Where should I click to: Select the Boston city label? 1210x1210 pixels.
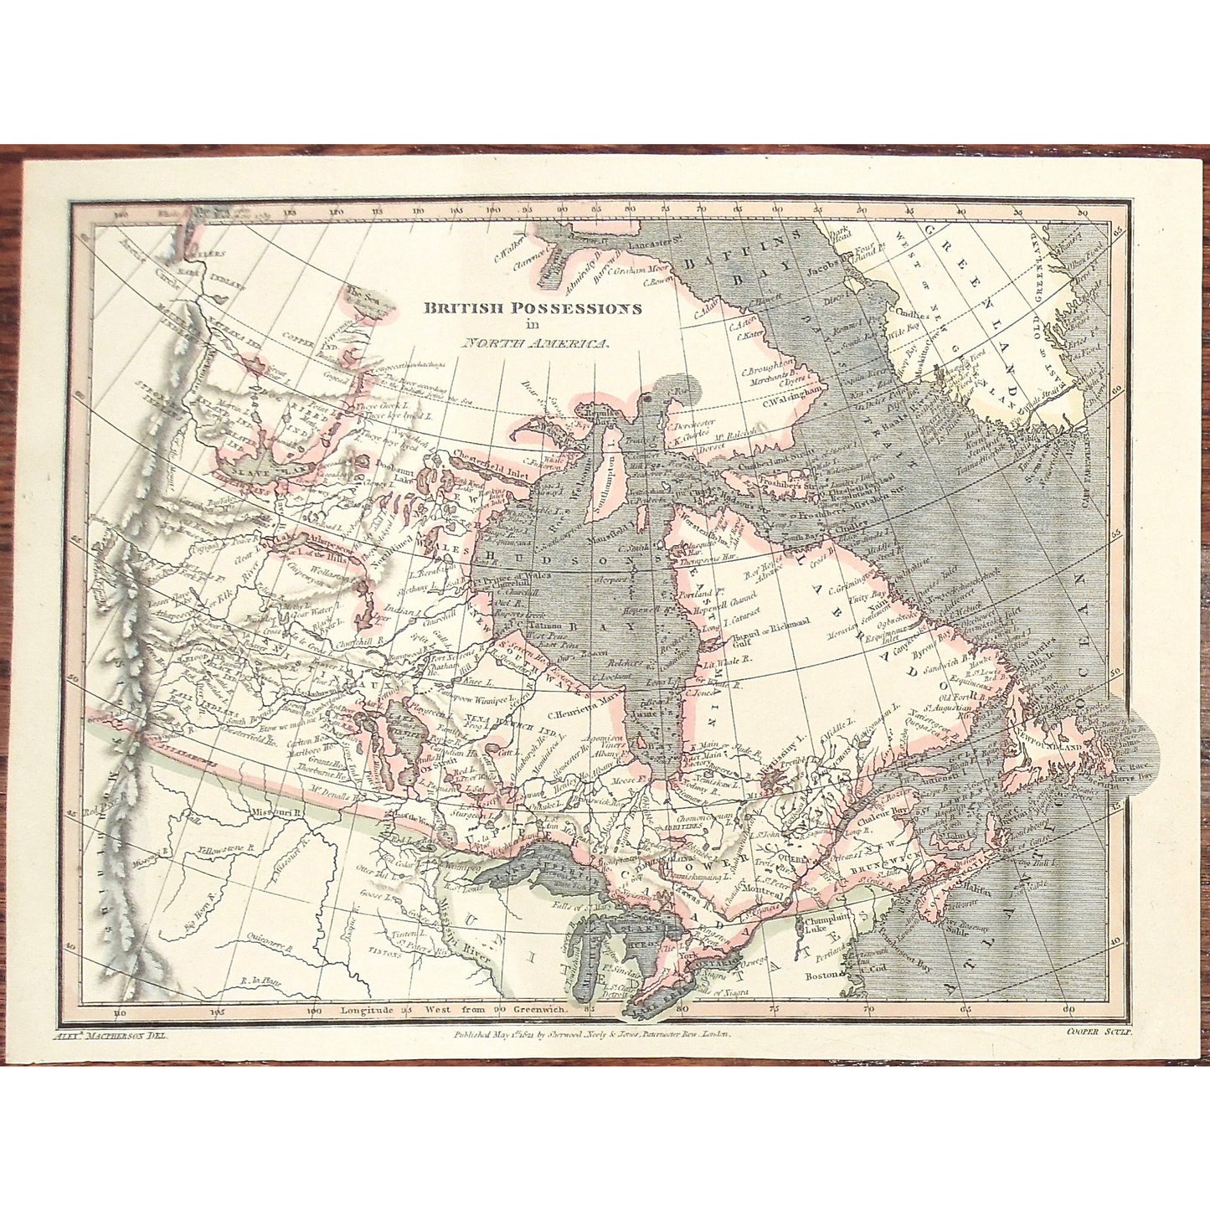click(821, 976)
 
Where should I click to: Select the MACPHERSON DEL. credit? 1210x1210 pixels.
click(111, 1035)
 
